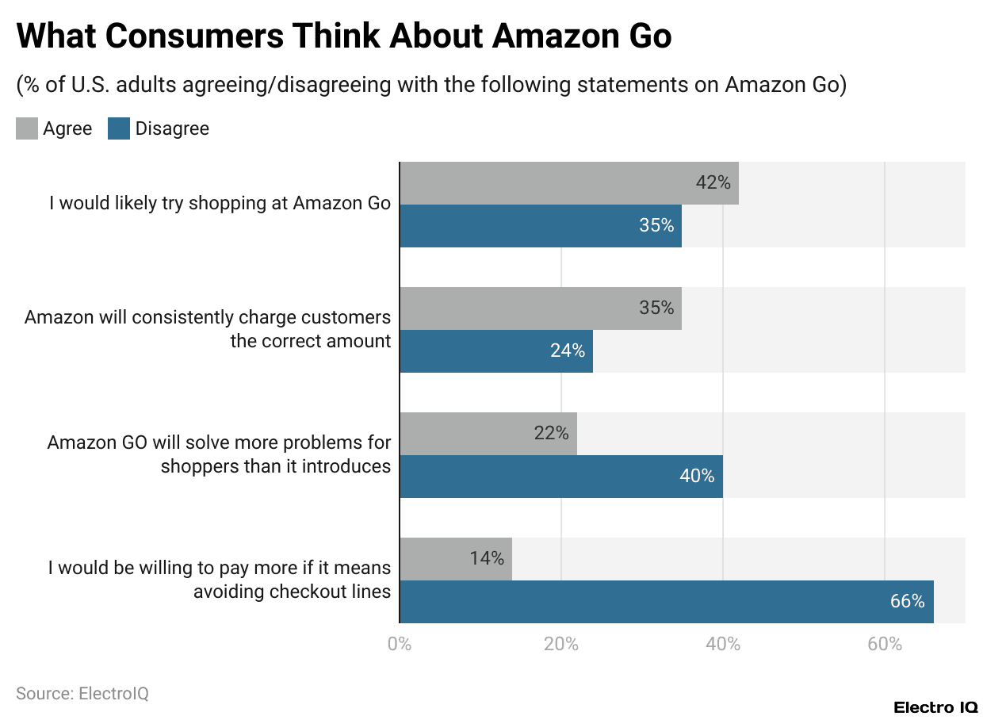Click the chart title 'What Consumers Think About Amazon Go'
(x=344, y=36)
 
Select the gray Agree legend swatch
(x=27, y=128)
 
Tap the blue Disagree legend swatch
(x=119, y=128)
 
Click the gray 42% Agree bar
(x=568, y=183)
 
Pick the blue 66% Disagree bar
(x=666, y=602)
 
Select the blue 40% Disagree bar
(x=560, y=477)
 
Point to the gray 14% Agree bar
(x=455, y=559)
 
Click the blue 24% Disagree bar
(x=495, y=351)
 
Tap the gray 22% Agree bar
(x=488, y=434)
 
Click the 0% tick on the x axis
(x=400, y=644)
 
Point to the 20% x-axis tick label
(x=561, y=644)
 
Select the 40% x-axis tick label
(x=723, y=644)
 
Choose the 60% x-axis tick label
(x=885, y=644)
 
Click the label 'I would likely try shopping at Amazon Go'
(x=220, y=203)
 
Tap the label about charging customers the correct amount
(x=208, y=329)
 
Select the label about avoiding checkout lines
(x=220, y=580)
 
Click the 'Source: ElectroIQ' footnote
(x=82, y=694)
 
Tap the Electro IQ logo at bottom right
(x=935, y=707)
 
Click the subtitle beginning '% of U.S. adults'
(x=431, y=86)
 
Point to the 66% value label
(x=907, y=602)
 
